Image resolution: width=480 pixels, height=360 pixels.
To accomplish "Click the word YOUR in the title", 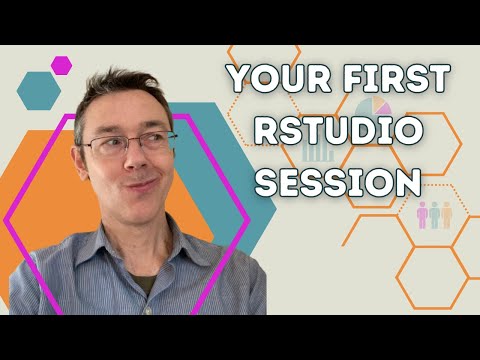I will click(x=267, y=78).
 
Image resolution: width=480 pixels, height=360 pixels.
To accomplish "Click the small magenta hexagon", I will click(x=62, y=65).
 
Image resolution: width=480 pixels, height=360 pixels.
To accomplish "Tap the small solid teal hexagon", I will click(x=40, y=90).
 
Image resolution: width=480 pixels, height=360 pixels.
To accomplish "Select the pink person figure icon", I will click(x=422, y=214).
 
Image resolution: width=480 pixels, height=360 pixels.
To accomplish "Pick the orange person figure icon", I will click(x=447, y=214).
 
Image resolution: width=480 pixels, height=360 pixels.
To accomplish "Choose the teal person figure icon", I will click(x=434, y=214).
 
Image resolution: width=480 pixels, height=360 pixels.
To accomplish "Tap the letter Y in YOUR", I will click(x=238, y=78).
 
